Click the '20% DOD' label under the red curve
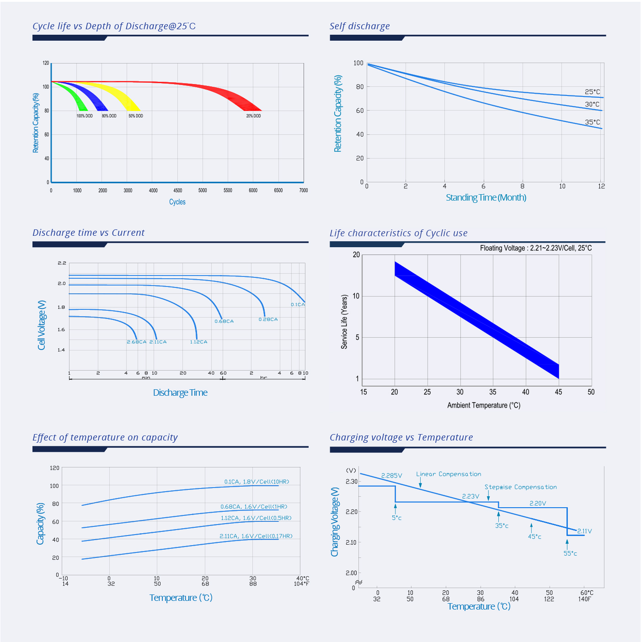[253, 116]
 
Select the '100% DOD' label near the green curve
[85, 116]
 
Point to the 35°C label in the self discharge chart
[593, 122]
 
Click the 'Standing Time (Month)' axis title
[486, 197]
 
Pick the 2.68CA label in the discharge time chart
[137, 342]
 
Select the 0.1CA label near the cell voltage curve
[298, 304]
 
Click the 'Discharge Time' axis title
[180, 393]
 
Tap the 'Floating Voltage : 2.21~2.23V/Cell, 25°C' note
[536, 248]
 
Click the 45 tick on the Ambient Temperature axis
[558, 392]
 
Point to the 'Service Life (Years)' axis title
[345, 322]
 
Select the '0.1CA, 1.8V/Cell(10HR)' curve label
[256, 482]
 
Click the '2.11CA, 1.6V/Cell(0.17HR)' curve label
[256, 536]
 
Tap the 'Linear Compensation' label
[449, 474]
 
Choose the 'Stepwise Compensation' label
[521, 487]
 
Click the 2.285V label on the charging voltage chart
[392, 476]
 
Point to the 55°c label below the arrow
[570, 553]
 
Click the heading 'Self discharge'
[360, 26]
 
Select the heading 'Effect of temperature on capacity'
[105, 437]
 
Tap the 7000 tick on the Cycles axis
[304, 191]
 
